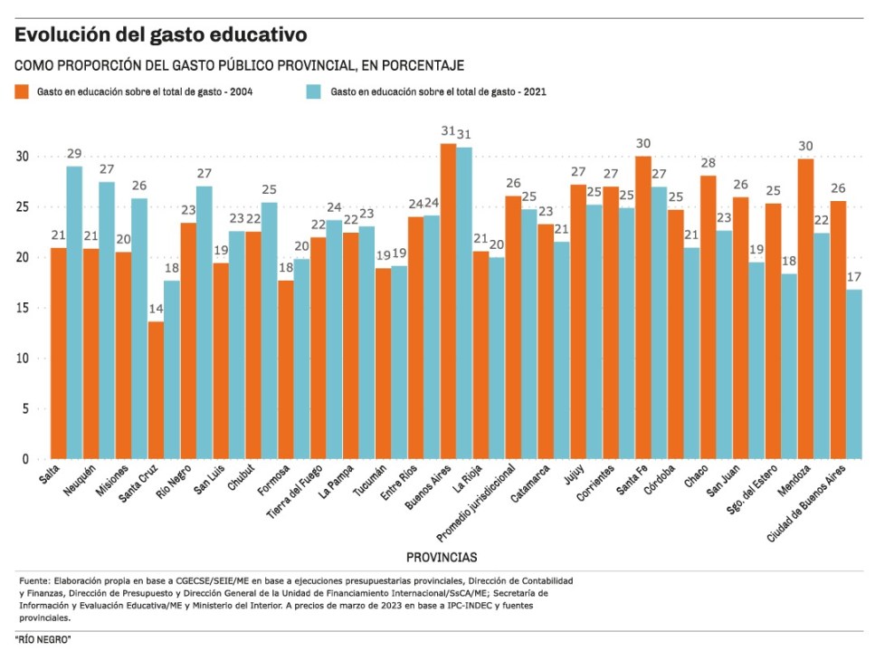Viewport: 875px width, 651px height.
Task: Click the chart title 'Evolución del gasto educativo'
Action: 160,35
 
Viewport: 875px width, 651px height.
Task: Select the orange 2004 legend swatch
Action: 22,91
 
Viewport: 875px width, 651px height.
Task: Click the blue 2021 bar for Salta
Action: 74,312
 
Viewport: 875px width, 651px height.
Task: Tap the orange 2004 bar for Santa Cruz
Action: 157,390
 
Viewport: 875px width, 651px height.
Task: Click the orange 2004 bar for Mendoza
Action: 804,309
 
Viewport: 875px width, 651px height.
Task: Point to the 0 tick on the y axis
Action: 26,459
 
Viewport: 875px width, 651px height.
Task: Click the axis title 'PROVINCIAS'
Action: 442,557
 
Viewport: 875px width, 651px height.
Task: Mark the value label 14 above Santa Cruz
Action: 156,309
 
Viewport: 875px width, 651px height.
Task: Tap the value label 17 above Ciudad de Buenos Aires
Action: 852,277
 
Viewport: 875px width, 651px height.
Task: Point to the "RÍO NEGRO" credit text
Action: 43,640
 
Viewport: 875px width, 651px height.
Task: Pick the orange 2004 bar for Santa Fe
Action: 642,308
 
